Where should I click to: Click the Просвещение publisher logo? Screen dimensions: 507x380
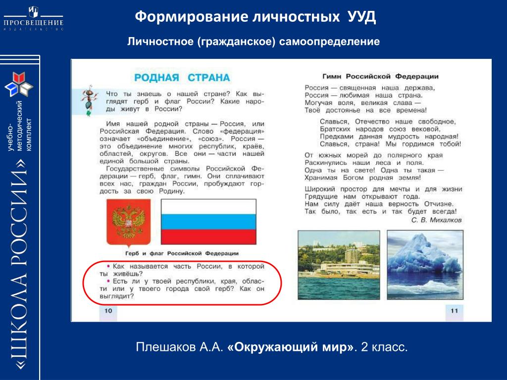(x=33, y=18)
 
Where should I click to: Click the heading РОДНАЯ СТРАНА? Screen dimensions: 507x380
(x=182, y=78)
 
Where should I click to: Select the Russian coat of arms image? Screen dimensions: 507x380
(x=128, y=223)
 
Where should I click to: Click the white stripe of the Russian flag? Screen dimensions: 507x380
(x=208, y=206)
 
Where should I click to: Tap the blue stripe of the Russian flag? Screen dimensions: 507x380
(x=208, y=221)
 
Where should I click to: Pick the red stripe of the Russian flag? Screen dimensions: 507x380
(x=208, y=237)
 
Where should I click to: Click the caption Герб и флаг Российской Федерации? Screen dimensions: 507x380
(x=182, y=253)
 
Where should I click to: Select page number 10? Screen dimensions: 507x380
(x=108, y=311)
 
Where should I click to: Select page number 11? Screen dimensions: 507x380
(x=455, y=311)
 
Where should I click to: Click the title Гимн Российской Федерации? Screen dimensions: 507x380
(x=381, y=77)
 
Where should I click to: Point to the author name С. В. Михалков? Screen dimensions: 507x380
(x=436, y=220)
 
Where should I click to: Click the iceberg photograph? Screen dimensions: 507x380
(x=425, y=265)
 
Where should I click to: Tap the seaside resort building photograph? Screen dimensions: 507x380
(x=339, y=265)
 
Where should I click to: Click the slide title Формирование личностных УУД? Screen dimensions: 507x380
(x=255, y=16)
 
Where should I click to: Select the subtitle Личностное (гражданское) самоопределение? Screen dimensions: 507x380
(x=253, y=42)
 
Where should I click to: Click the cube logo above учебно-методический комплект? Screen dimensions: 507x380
(x=19, y=85)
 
